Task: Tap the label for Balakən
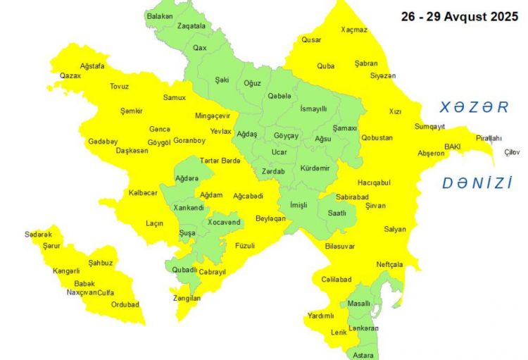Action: click(159, 15)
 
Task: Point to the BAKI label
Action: click(451, 147)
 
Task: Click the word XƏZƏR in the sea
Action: click(474, 107)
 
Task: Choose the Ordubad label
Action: click(125, 305)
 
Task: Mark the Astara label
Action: click(364, 354)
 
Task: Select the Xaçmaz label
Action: click(353, 30)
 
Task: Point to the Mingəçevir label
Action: click(213, 116)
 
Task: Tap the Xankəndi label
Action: click(188, 208)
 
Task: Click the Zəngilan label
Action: click(187, 299)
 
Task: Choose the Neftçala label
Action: click(389, 264)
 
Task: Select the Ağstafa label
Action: click(92, 66)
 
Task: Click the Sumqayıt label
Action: click(429, 127)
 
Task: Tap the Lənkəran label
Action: click(363, 328)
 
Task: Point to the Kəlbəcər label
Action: click(143, 193)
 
